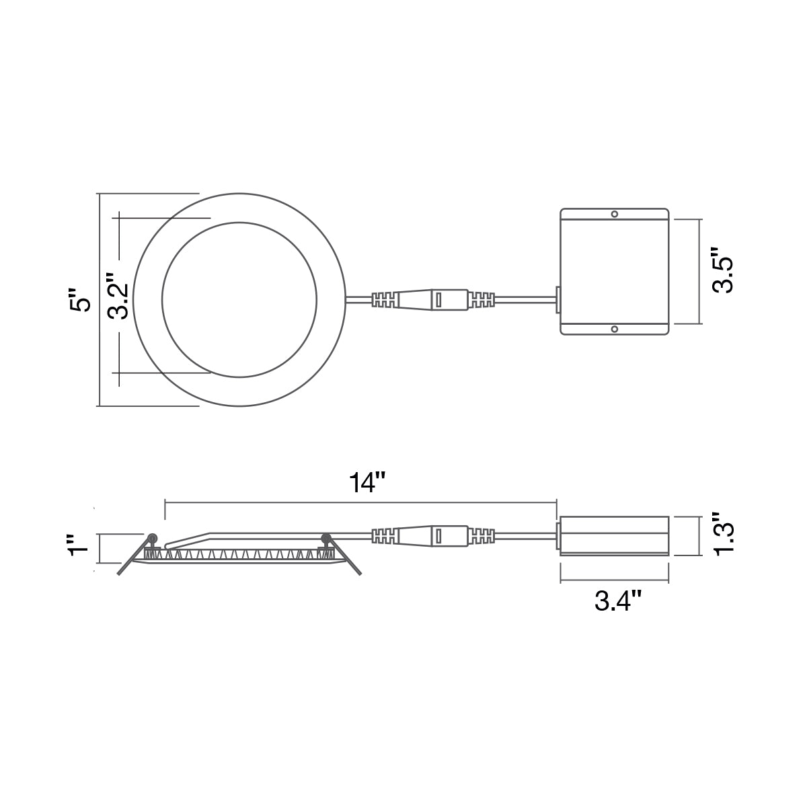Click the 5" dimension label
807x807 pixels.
tap(79, 299)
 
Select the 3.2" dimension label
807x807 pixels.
tap(117, 296)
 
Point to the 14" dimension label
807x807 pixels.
tap(367, 483)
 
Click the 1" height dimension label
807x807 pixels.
tap(79, 545)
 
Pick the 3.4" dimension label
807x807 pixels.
tap(619, 602)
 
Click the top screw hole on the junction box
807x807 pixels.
tap(615, 215)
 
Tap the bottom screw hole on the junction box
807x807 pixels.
tap(615, 329)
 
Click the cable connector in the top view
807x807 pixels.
tap(433, 300)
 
